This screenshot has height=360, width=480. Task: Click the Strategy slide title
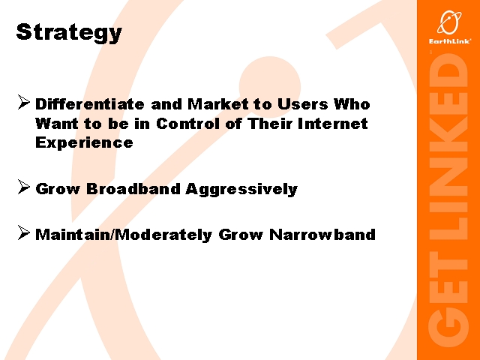point(69,32)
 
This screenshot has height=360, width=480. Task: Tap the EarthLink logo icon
point(449,22)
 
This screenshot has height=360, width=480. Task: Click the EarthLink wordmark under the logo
point(450,41)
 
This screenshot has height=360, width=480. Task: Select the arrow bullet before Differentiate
point(23,102)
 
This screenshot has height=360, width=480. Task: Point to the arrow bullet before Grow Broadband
point(23,187)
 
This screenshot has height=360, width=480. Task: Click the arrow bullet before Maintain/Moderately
point(23,232)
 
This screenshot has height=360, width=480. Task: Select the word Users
point(303,104)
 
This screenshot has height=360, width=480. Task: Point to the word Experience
point(84,142)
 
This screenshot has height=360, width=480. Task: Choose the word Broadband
point(133,188)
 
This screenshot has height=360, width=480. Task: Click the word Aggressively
point(241,190)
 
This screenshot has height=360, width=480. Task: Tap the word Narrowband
point(322,235)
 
